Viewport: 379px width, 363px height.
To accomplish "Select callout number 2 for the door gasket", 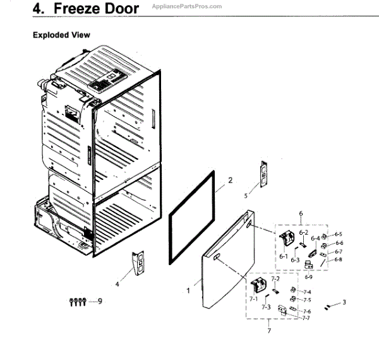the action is click(x=231, y=181).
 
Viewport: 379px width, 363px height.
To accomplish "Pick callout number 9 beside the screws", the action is click(x=99, y=302).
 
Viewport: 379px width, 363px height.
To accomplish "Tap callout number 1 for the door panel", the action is click(x=188, y=291).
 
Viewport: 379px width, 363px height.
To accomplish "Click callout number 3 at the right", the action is click(x=344, y=302).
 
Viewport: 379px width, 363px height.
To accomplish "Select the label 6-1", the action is click(x=283, y=257).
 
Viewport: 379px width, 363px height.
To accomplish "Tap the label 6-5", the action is click(x=339, y=234).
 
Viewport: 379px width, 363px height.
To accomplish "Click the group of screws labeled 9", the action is click(x=77, y=302).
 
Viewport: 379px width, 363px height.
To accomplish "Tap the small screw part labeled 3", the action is click(x=328, y=306).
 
